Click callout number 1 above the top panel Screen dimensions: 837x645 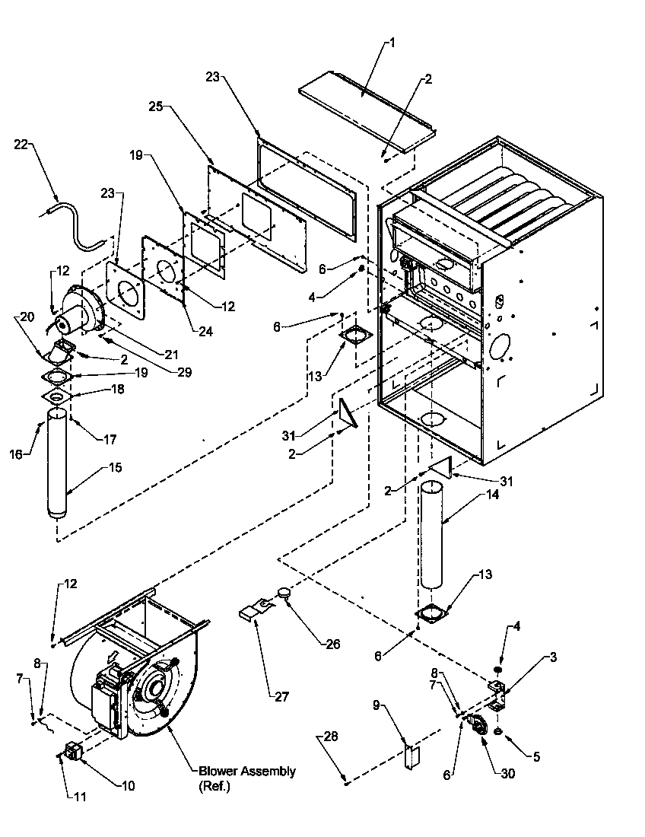click(392, 43)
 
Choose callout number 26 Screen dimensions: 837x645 click(332, 644)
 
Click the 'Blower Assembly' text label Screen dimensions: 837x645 click(247, 771)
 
